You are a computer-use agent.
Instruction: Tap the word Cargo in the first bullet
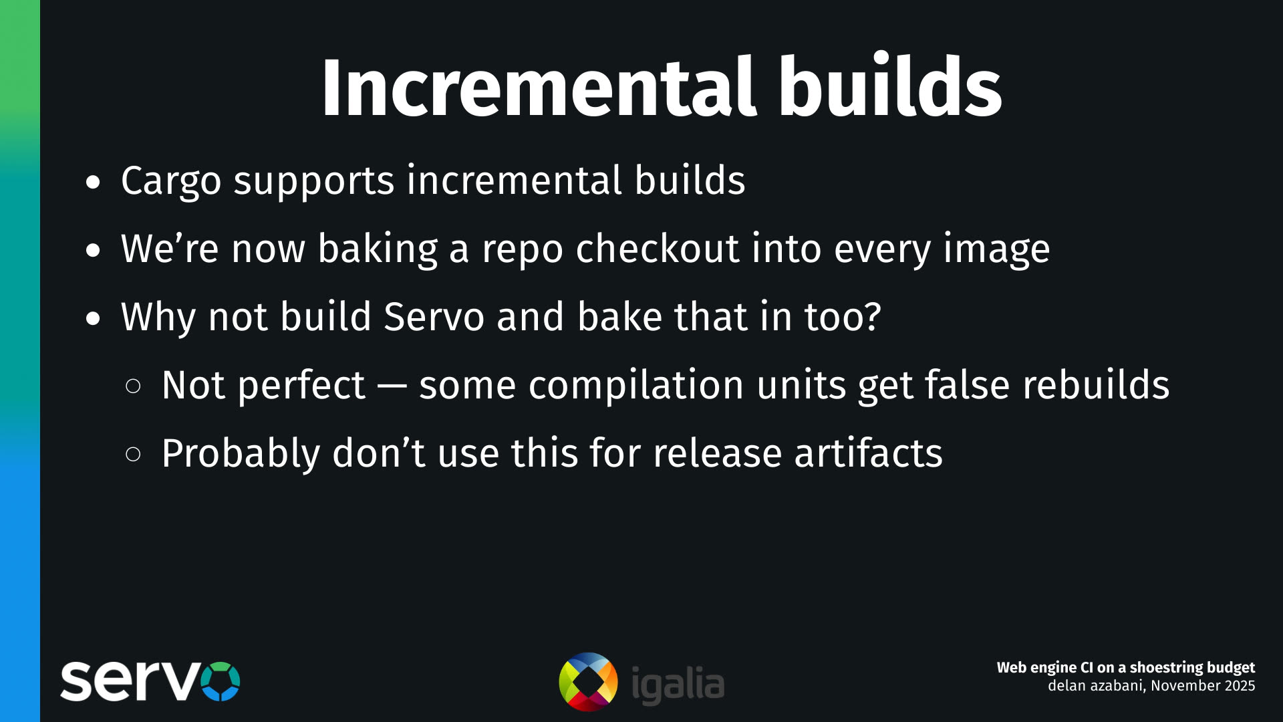click(x=171, y=180)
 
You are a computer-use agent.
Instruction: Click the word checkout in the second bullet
click(x=657, y=249)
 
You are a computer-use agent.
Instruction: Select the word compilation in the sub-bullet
click(x=636, y=386)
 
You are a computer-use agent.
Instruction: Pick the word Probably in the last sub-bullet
click(x=241, y=454)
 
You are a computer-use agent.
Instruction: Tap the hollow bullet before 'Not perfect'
click(x=133, y=386)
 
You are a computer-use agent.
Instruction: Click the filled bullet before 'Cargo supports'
click(x=93, y=182)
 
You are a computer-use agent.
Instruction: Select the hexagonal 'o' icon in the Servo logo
click(x=220, y=681)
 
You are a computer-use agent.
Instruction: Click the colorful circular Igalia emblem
click(x=588, y=682)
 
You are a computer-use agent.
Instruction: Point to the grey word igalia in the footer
click(x=678, y=685)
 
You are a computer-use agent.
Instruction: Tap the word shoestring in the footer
click(x=1159, y=668)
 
